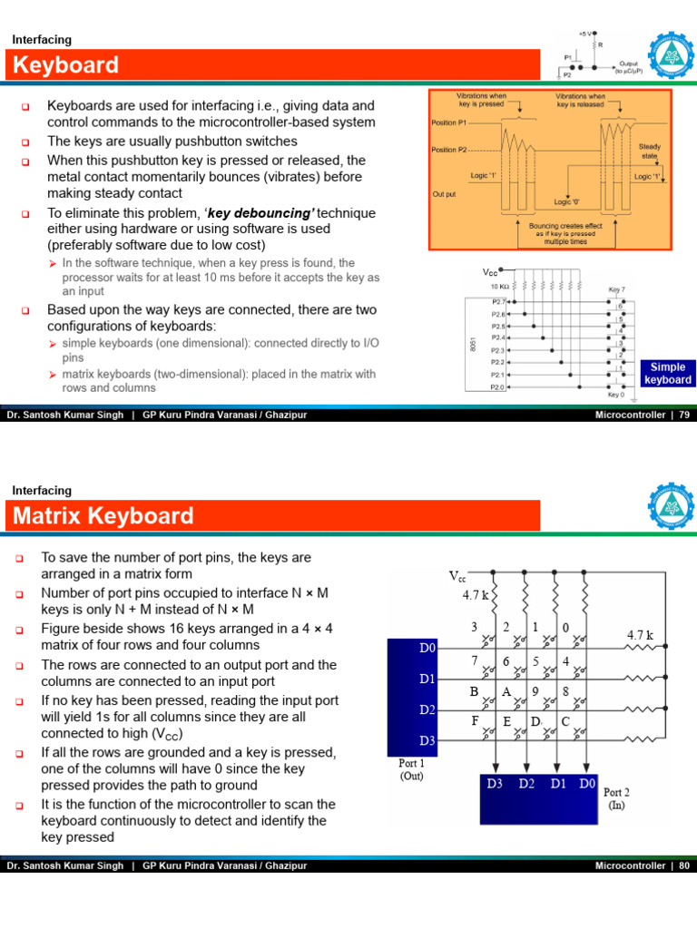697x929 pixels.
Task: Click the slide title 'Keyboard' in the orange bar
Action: pyautogui.click(x=64, y=65)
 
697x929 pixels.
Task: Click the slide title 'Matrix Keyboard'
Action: pyautogui.click(x=103, y=516)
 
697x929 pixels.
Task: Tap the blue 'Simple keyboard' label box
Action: pyautogui.click(x=667, y=373)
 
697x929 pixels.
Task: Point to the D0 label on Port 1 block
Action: pyautogui.click(x=427, y=649)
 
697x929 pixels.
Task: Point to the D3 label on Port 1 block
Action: pyautogui.click(x=427, y=740)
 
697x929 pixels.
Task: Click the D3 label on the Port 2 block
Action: pyautogui.click(x=494, y=783)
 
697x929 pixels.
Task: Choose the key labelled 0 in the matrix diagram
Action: pyautogui.click(x=565, y=627)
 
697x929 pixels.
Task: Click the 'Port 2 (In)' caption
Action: pyautogui.click(x=616, y=797)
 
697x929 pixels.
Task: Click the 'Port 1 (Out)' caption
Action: pyautogui.click(x=412, y=769)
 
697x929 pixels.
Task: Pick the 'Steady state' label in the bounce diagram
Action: pyautogui.click(x=649, y=151)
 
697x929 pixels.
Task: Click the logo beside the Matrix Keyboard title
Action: pyautogui.click(x=673, y=505)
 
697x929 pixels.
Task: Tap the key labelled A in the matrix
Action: pyautogui.click(x=506, y=690)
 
